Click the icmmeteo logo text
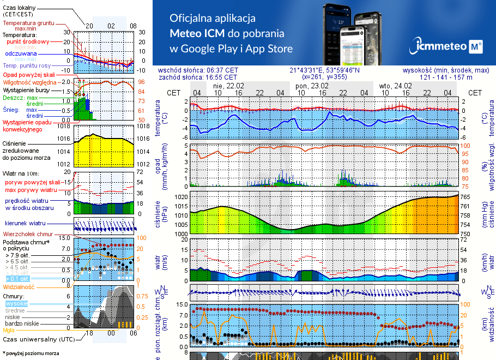(442, 47)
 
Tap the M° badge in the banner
(476, 47)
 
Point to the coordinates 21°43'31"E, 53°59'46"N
(325, 70)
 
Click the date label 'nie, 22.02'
(228, 86)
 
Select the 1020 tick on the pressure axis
(181, 196)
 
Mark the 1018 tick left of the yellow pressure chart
(64, 127)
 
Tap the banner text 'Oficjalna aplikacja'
(213, 19)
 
